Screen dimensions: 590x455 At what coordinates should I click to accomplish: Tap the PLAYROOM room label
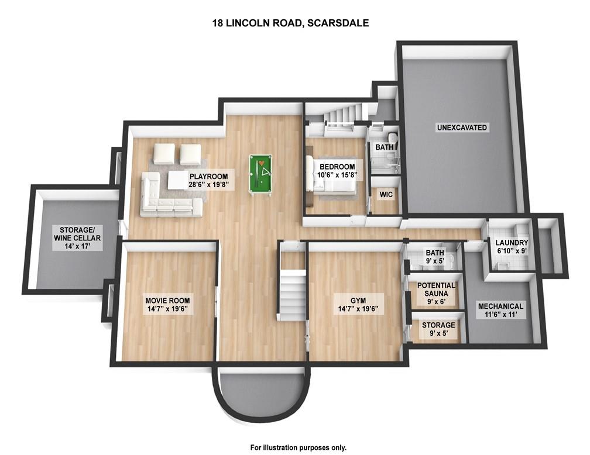click(x=208, y=177)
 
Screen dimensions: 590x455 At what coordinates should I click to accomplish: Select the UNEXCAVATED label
click(x=462, y=127)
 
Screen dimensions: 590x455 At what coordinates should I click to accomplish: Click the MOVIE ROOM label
click(x=167, y=301)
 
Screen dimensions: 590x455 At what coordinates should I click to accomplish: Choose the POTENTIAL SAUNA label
click(x=436, y=289)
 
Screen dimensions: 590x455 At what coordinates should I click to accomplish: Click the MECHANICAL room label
click(x=500, y=306)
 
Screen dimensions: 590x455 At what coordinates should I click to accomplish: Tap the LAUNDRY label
click(x=512, y=243)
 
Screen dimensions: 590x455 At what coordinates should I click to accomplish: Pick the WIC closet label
click(x=386, y=194)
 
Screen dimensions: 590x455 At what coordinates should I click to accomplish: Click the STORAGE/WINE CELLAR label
click(x=77, y=234)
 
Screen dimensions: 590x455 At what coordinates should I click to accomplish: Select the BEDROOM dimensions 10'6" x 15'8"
click(x=337, y=175)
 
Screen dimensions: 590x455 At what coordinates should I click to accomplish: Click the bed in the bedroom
click(x=331, y=175)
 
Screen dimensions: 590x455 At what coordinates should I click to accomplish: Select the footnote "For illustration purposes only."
click(x=299, y=447)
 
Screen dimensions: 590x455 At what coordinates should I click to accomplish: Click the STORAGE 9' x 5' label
click(x=438, y=329)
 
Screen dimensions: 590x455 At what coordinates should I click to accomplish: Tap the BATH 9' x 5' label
click(x=434, y=257)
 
